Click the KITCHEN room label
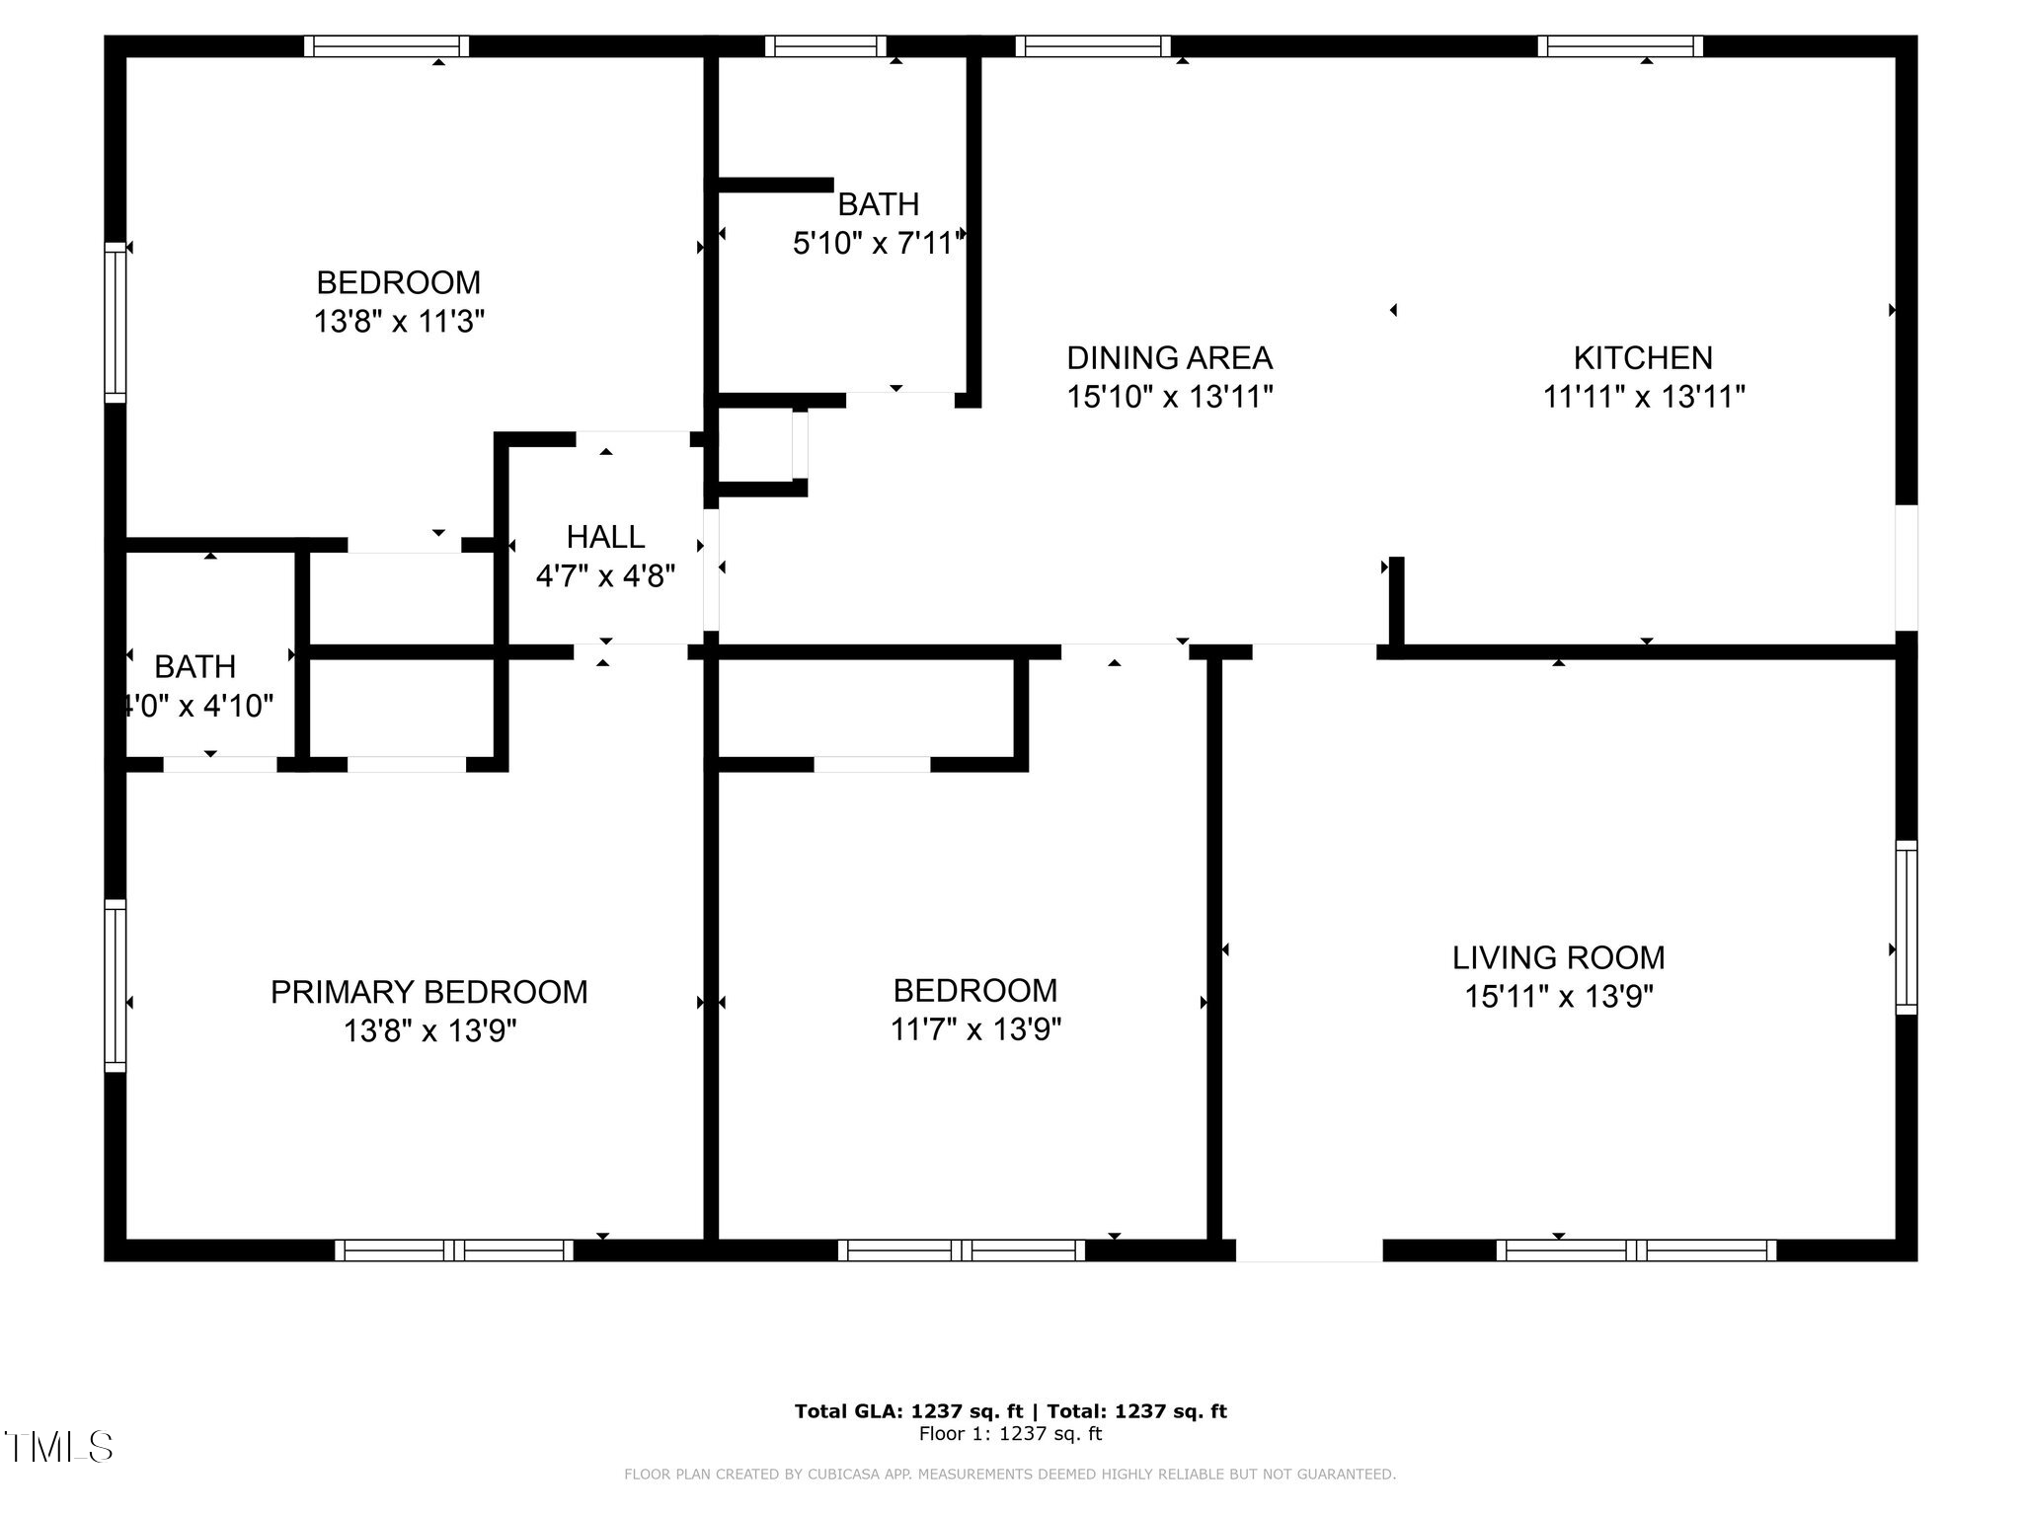point(1643,357)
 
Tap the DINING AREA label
point(1169,357)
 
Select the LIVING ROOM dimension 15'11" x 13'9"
point(1558,997)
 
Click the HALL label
point(605,537)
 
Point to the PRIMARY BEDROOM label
point(428,992)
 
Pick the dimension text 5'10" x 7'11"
point(878,243)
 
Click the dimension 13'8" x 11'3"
point(399,322)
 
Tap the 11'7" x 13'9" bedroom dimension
point(975,1030)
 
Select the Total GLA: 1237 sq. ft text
point(908,1411)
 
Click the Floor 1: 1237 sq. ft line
point(1010,1434)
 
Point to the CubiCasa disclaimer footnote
point(1009,1475)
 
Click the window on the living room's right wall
point(1905,927)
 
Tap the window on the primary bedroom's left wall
point(116,985)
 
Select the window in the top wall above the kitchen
point(1619,46)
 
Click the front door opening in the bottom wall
point(1308,1250)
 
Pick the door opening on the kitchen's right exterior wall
point(1905,568)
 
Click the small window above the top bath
point(825,46)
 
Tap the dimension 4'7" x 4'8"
point(605,576)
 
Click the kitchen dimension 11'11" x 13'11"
point(1643,398)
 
